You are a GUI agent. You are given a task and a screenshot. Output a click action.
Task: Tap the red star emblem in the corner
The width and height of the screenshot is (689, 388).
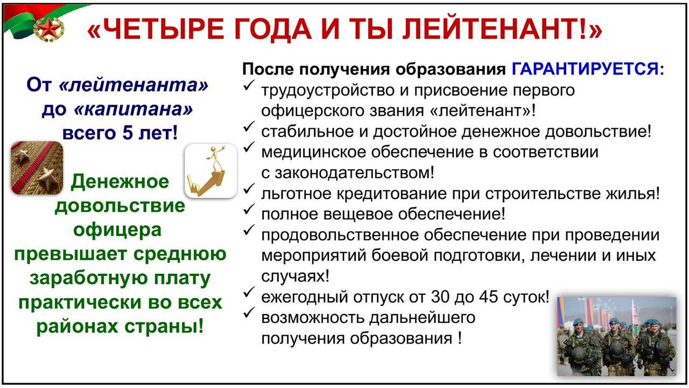coord(48,29)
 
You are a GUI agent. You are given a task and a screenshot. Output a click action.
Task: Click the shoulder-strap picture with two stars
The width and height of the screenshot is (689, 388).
coord(37,168)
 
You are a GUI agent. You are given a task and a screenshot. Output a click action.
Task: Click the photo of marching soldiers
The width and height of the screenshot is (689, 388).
coord(617,336)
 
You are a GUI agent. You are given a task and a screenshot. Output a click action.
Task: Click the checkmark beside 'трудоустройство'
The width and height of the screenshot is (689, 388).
coord(249,85)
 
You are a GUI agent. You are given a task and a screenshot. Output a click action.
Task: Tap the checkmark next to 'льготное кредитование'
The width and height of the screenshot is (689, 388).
coord(249,189)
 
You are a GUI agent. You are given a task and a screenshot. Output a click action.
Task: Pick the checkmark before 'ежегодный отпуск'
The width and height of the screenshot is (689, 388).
coord(249,292)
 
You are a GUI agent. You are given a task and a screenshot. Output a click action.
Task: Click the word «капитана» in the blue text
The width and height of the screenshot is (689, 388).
coord(133,109)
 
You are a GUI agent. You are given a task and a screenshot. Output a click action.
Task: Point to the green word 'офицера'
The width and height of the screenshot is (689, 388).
coord(117,230)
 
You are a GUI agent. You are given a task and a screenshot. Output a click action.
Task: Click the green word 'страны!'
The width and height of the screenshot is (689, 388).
coord(164,327)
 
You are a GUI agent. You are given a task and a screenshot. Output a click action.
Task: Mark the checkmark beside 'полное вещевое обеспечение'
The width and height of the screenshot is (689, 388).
coord(249,209)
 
